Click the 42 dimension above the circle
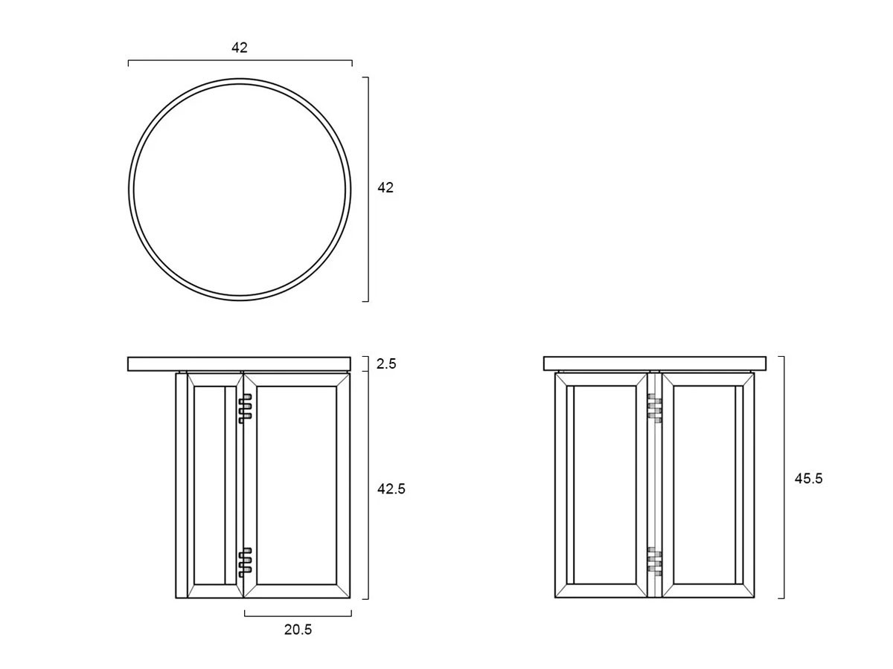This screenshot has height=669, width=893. click(x=239, y=48)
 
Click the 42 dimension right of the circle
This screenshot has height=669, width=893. click(x=385, y=187)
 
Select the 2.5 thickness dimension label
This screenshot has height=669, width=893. click(x=385, y=364)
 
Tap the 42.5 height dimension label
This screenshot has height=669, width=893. click(x=391, y=489)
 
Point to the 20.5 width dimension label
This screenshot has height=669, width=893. click(x=298, y=630)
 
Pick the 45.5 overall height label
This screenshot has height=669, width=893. click(x=808, y=479)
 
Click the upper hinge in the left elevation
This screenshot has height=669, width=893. click(x=245, y=409)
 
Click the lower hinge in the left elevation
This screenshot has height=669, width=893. click(x=245, y=563)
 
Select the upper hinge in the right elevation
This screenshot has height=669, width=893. click(x=655, y=408)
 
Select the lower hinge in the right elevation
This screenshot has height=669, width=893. click(x=655, y=562)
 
